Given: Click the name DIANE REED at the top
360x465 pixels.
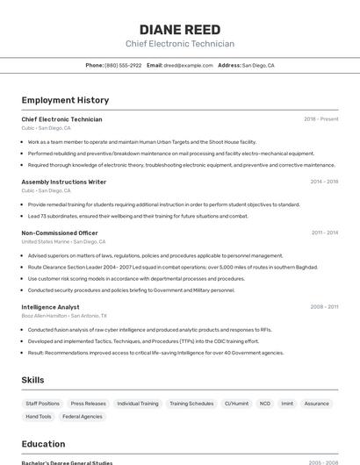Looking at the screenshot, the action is [x=179, y=28].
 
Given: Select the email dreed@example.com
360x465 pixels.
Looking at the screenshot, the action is [x=188, y=65].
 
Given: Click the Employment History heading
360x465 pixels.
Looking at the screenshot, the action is [x=65, y=100].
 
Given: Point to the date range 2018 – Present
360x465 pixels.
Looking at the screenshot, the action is [x=320, y=118].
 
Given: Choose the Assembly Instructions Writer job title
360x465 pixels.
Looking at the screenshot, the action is [x=63, y=182].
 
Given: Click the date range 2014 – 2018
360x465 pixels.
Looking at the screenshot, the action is [x=324, y=182].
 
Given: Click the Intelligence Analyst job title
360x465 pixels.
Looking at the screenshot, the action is [x=50, y=307].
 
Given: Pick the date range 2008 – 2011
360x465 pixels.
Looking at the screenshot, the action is [x=324, y=307].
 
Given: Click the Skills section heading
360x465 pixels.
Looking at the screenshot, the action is [x=32, y=380].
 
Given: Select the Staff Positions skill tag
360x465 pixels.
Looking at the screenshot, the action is [x=43, y=404].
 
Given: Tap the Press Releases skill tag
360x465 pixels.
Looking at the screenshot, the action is [x=89, y=404].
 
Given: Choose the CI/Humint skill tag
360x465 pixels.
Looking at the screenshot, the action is [x=236, y=404].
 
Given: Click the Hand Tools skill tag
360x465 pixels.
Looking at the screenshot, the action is [x=39, y=417].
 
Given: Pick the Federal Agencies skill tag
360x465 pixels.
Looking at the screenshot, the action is [x=83, y=417].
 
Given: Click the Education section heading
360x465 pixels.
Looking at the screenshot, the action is [x=43, y=444].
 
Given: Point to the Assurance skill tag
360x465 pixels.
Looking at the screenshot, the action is [x=317, y=404].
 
